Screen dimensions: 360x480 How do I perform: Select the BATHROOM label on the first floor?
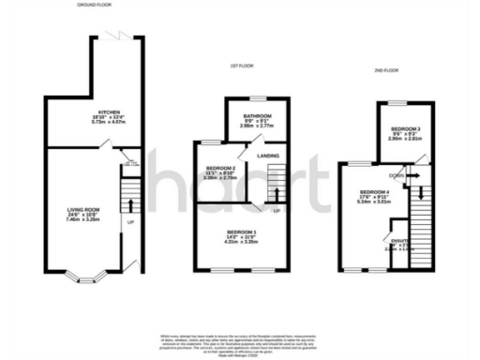257,117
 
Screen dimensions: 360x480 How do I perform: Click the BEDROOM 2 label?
219,169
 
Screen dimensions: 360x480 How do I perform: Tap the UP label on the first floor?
277,210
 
